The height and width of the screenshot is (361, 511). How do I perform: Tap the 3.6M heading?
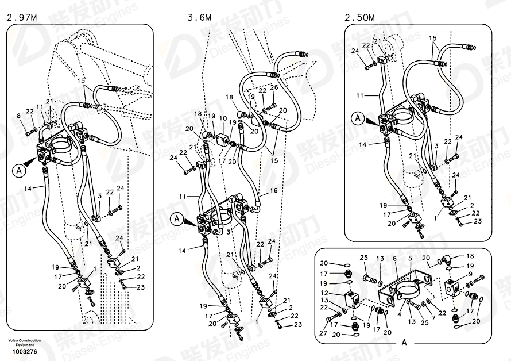point(199,18)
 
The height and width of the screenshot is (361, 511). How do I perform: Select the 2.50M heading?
point(359,18)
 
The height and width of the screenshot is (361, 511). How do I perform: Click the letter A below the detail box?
point(404,343)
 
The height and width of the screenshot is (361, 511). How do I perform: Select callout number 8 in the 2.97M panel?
point(18,117)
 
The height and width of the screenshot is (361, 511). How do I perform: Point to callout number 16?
point(274,190)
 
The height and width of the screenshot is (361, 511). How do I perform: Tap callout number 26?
point(274,87)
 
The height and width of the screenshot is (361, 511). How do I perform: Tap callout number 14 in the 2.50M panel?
point(362,145)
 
